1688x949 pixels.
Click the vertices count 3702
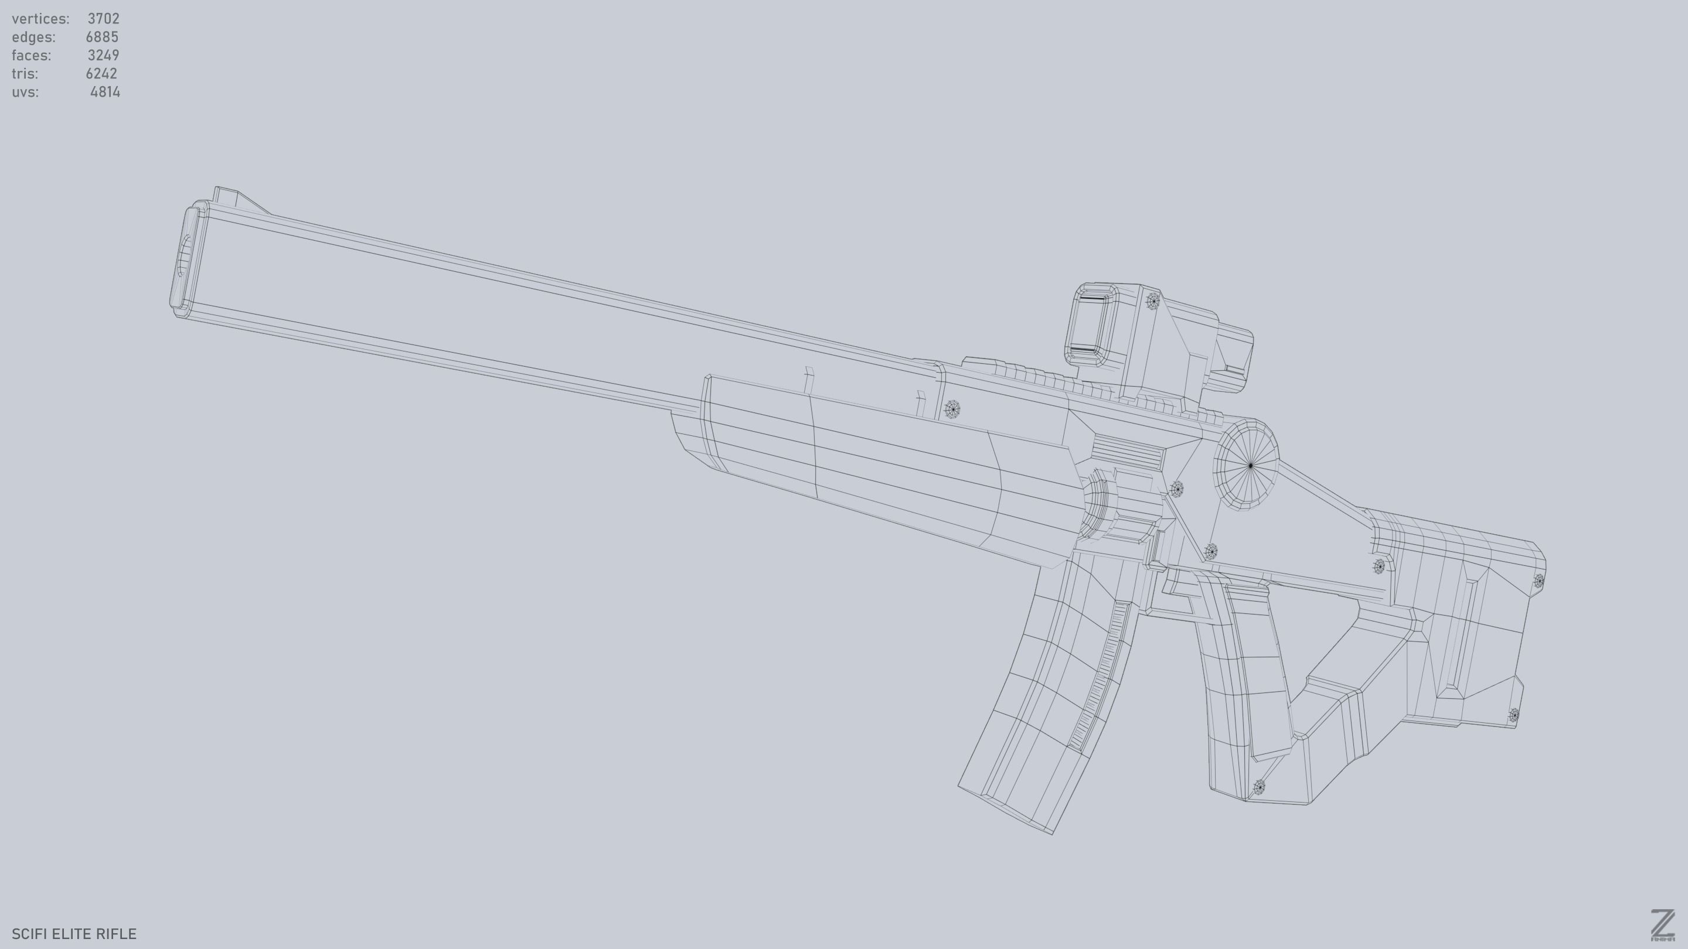103,18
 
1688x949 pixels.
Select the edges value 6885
101,37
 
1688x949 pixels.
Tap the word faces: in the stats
31,55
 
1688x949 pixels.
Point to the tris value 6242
101,73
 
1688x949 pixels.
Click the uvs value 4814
105,92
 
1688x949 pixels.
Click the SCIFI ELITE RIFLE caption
74,933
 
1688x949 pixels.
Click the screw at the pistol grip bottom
1259,787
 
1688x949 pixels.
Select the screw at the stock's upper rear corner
1539,581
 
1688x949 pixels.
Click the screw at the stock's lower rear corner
1514,715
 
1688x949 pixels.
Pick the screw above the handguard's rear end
952,410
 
